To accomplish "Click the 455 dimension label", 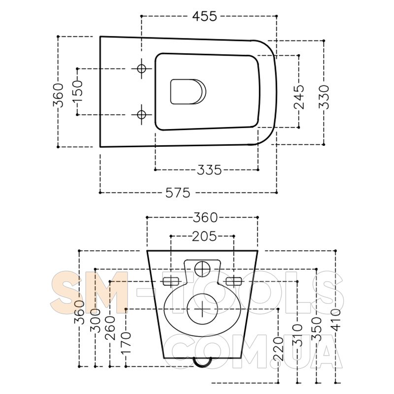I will [x=204, y=16].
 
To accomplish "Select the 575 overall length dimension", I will [x=177, y=193].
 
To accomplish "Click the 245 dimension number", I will [x=299, y=97].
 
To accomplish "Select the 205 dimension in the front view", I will [x=204, y=236].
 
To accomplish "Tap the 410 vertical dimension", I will [x=335, y=319].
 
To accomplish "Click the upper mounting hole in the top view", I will [x=142, y=68].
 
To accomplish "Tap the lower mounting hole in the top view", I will [x=142, y=114].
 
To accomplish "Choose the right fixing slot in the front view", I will [x=233, y=281].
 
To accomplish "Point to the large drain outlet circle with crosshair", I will [x=202, y=309].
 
